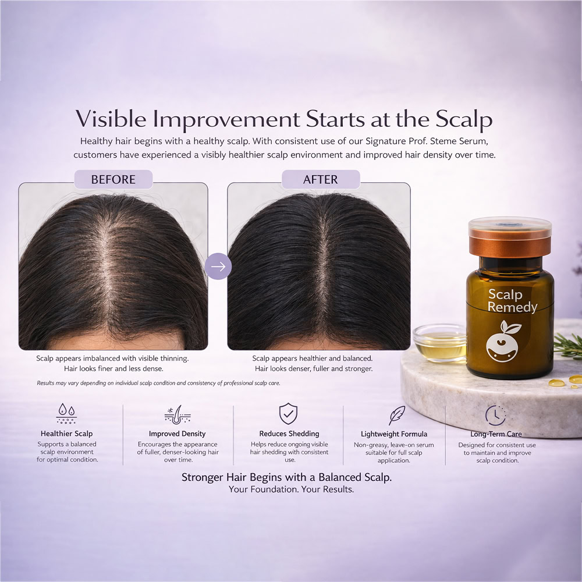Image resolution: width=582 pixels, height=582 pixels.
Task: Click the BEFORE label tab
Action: [113, 179]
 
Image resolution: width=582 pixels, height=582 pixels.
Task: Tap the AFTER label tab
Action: [321, 179]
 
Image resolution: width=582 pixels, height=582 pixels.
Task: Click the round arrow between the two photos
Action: [218, 266]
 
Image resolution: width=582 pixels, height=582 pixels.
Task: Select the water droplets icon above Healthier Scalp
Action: [67, 413]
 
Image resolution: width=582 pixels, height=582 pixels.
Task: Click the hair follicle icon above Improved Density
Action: [178, 414]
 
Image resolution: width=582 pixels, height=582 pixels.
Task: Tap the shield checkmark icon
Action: [289, 413]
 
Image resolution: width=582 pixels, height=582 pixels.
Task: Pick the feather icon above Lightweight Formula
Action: [396, 415]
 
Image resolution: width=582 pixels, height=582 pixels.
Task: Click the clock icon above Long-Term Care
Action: [495, 416]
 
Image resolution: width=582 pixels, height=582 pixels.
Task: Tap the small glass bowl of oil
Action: [440, 343]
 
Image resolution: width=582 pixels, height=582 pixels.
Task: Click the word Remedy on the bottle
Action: [512, 307]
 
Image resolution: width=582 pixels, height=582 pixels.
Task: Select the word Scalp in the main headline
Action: [464, 119]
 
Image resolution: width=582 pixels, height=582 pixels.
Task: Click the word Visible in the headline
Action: [111, 119]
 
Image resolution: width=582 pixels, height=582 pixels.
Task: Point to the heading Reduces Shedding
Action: [289, 434]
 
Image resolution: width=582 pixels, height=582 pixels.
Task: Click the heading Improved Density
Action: [177, 434]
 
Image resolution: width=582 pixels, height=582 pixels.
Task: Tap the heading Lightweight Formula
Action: [394, 434]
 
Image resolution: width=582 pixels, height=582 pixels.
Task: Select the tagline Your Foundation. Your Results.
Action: [291, 489]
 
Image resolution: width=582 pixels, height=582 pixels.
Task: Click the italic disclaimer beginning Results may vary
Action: [158, 383]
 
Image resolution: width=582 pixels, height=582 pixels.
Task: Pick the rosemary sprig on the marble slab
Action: [568, 346]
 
